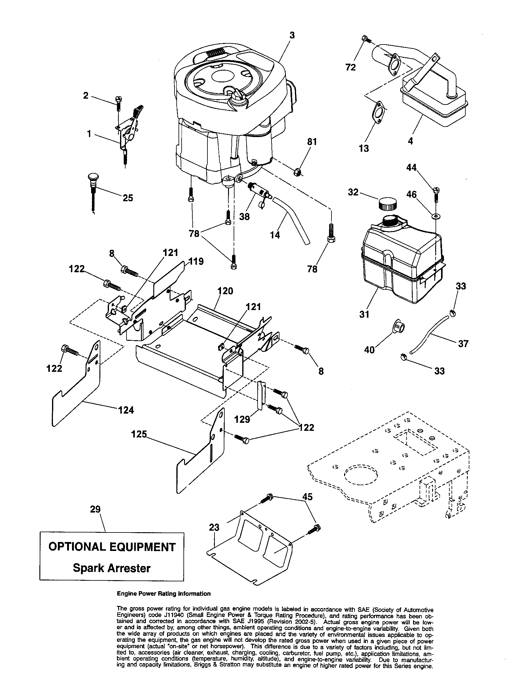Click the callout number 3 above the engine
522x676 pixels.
292,36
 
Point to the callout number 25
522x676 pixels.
128,198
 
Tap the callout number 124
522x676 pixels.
126,411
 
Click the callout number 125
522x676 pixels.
139,434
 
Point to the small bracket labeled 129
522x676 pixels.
261,396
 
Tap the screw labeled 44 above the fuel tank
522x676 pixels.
436,195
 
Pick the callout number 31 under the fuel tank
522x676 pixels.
364,314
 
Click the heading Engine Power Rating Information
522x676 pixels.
163,602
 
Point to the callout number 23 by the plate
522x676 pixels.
214,527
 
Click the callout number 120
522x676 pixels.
225,291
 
